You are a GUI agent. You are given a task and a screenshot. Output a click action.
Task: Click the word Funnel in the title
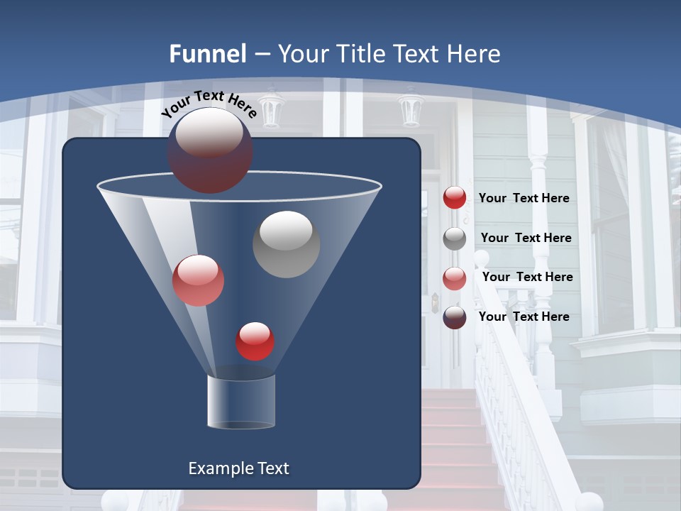[208, 54]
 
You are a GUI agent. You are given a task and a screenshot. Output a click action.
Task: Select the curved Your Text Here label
[209, 103]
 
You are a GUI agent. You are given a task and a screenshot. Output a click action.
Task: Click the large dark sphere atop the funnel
[210, 150]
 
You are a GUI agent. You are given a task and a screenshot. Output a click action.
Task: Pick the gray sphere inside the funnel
[287, 244]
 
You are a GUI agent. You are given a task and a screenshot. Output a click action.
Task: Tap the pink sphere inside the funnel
[199, 280]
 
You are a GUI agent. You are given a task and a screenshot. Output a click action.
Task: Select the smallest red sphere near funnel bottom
[255, 341]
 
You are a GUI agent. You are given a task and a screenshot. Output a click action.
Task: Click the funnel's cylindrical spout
[241, 402]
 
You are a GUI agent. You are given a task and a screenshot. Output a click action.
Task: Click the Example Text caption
[239, 468]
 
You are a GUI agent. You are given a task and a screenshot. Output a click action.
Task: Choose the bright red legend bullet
[455, 198]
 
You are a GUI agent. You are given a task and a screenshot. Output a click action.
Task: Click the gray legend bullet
[455, 238]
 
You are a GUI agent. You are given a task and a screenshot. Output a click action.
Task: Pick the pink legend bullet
[455, 278]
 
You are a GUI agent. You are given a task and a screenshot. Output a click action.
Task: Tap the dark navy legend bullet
[455, 317]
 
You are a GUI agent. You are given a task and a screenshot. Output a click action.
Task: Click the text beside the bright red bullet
[524, 199]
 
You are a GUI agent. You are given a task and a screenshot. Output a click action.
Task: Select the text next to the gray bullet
[526, 238]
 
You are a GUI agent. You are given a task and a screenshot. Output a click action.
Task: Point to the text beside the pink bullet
[527, 278]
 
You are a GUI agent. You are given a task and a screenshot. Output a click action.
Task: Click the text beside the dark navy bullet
[524, 317]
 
